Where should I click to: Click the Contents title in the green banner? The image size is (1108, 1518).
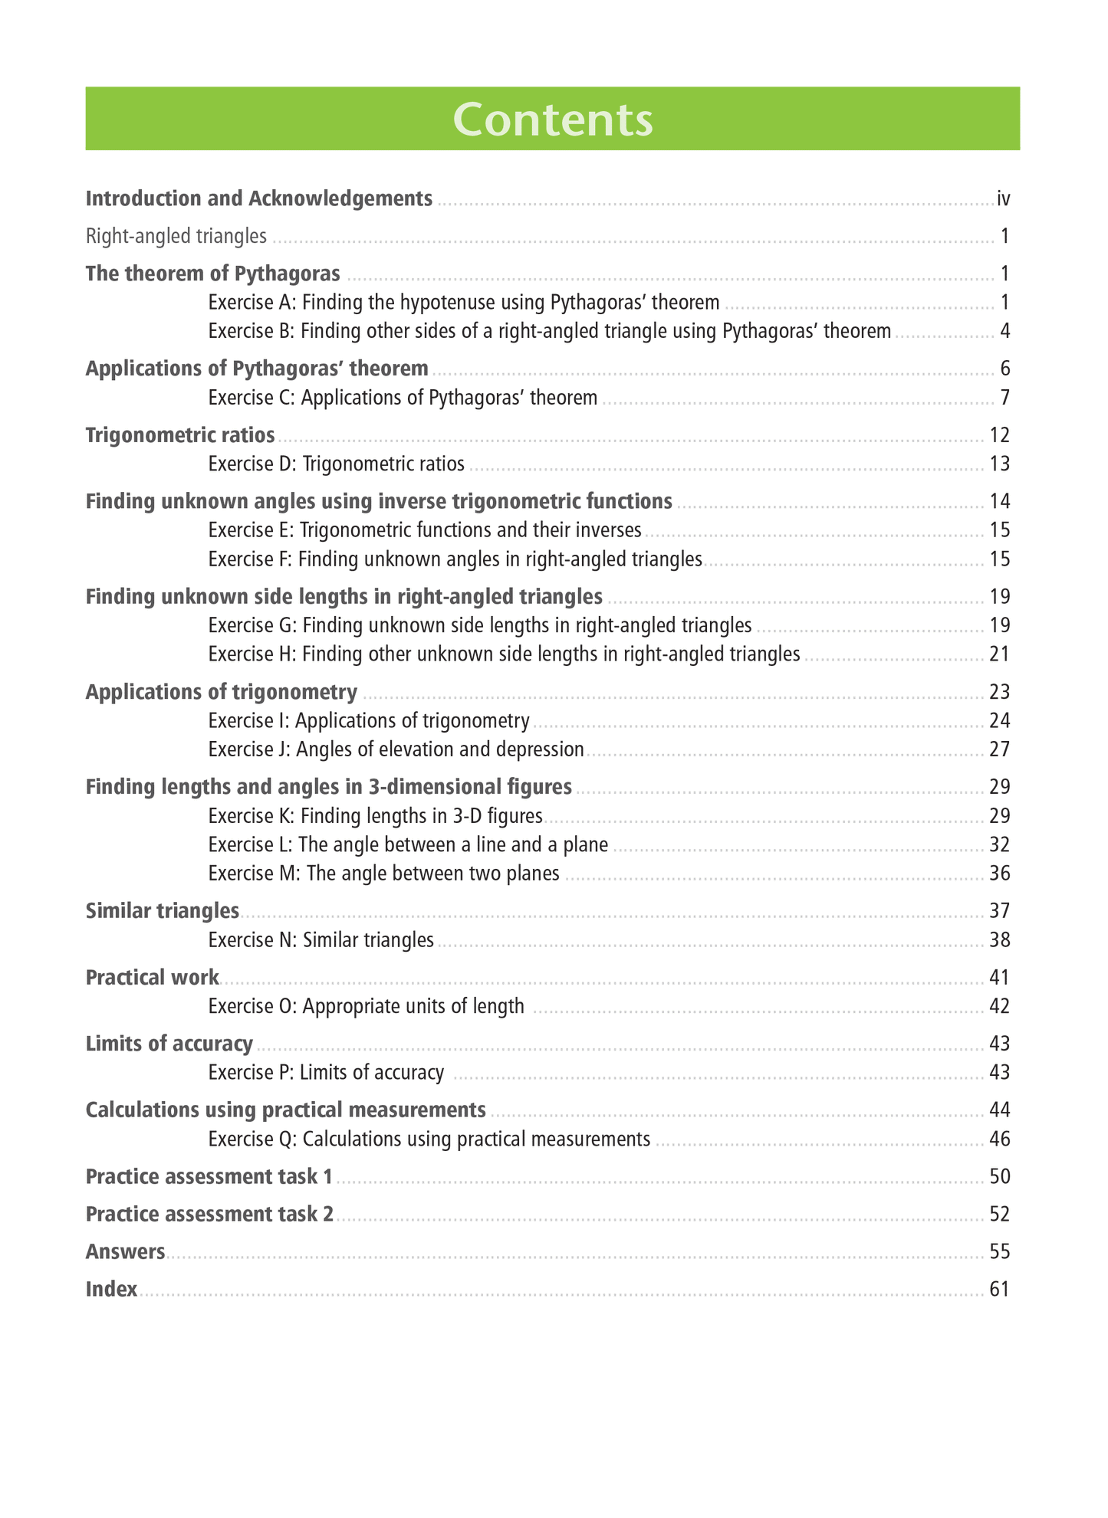(553, 120)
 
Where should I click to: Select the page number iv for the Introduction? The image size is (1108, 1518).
(1003, 199)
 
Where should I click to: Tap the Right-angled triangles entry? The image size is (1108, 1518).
(176, 236)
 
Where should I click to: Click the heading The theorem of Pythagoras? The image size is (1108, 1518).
(213, 274)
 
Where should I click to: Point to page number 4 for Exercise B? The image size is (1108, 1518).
(1004, 331)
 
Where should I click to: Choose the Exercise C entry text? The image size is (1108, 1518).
(403, 398)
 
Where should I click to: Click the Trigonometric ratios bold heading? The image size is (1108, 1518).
(180, 435)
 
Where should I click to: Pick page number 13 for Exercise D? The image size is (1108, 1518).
(1000, 464)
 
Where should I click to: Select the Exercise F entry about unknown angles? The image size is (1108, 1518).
(455, 559)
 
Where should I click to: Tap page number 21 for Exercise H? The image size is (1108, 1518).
(1000, 654)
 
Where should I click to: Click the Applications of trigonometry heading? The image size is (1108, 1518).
(222, 692)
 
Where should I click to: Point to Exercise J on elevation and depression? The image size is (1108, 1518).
(396, 749)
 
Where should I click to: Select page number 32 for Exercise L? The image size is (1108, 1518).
(1000, 844)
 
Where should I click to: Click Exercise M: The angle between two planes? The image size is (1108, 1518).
(383, 874)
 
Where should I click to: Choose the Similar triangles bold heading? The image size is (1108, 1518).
(163, 911)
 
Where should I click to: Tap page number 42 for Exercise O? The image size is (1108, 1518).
(1000, 1006)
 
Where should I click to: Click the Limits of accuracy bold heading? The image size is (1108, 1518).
(169, 1044)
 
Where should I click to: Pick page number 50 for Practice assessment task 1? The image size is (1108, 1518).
(1000, 1176)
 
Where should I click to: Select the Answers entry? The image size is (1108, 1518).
(126, 1251)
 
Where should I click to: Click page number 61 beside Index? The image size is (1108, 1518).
(1000, 1289)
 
